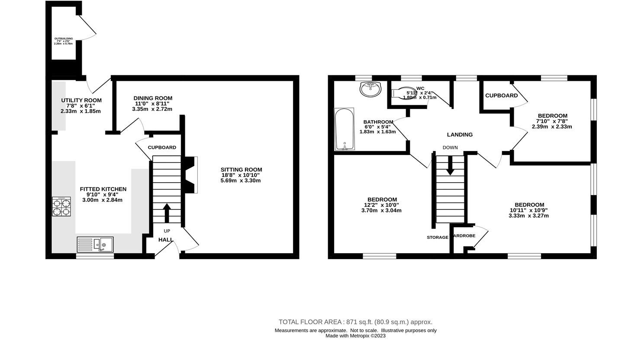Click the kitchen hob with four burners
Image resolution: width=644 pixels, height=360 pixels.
click(61, 206)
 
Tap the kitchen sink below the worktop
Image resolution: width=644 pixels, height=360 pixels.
click(95, 244)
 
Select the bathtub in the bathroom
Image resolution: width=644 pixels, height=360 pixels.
click(345, 129)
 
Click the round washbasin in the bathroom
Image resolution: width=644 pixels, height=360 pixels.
click(370, 89)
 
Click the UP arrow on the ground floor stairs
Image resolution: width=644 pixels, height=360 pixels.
click(167, 212)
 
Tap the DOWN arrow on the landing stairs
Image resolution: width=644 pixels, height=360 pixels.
click(450, 165)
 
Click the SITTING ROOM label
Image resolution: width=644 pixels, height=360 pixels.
click(241, 170)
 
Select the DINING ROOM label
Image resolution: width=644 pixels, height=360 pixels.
click(153, 98)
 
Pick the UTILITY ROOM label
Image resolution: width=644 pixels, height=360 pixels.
click(81, 100)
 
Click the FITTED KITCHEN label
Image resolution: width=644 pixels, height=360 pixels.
click(103, 189)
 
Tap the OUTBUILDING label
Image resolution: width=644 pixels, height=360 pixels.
click(63, 39)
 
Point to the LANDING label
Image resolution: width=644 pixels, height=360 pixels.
click(460, 135)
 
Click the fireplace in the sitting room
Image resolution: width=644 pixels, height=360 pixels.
click(191, 174)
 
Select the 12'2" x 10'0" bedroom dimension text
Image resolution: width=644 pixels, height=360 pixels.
click(381, 205)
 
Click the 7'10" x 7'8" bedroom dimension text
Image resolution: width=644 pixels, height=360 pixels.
click(552, 121)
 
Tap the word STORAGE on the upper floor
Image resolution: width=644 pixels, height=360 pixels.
click(437, 238)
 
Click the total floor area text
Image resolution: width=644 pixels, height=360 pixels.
click(355, 322)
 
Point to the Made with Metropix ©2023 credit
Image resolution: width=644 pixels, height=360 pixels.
click(355, 336)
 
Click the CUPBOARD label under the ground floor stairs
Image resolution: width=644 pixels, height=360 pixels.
click(162, 148)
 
